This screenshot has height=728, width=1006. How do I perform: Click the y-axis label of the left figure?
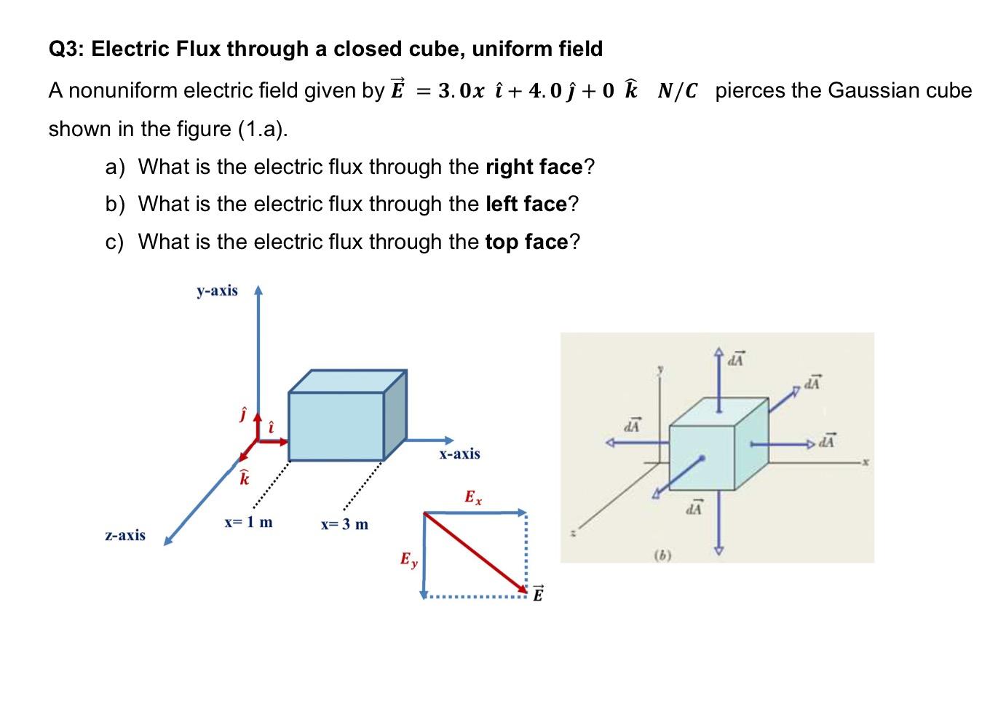point(217,291)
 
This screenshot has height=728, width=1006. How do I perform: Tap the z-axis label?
point(125,536)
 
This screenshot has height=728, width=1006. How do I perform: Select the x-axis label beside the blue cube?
point(459,454)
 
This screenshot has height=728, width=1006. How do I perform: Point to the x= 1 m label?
point(248,522)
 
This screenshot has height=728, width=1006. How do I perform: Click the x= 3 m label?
point(344,524)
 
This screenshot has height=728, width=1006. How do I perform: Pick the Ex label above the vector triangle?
point(472,498)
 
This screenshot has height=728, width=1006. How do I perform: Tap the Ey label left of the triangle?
point(409,561)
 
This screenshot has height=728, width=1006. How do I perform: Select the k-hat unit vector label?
point(245,479)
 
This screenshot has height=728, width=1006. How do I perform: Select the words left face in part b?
point(526,204)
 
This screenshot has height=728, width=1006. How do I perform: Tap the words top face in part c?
point(526,242)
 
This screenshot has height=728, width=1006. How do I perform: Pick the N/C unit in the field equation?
point(678,91)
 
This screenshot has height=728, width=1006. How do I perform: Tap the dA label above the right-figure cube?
point(737,359)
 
